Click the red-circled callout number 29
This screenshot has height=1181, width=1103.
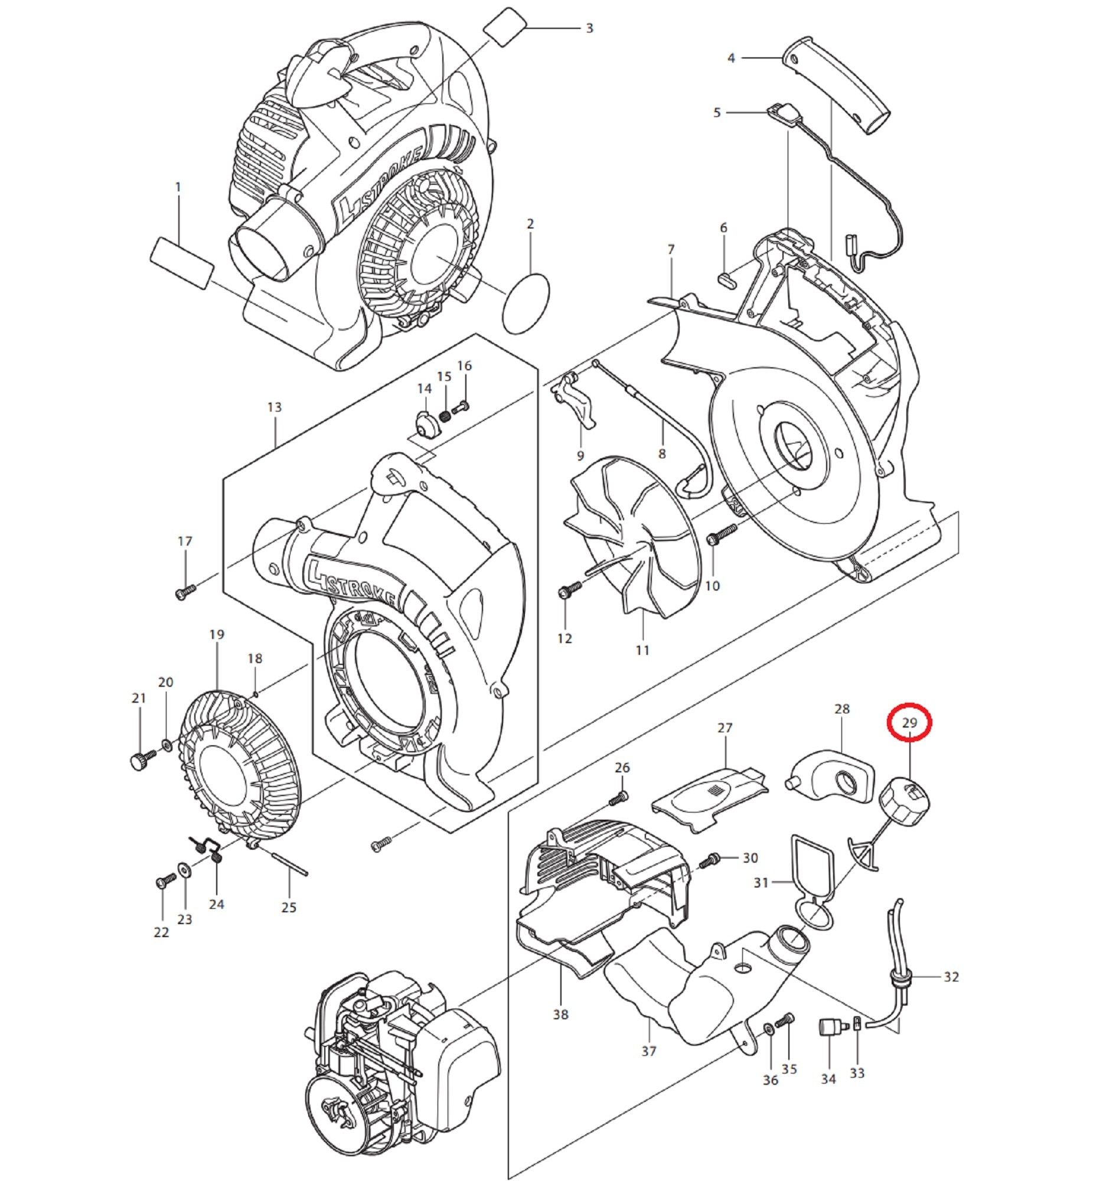click(x=909, y=723)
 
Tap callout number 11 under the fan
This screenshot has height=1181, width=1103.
click(x=642, y=651)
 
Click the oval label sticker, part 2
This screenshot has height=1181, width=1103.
click(x=526, y=304)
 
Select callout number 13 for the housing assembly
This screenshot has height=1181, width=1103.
click(x=274, y=407)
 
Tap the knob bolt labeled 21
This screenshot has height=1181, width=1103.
click(x=140, y=760)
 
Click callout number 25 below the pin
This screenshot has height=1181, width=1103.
click(x=289, y=907)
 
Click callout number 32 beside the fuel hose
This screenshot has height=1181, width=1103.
click(x=951, y=977)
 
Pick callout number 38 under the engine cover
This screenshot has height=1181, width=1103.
click(x=560, y=1014)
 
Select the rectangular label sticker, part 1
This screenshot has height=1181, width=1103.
click(x=181, y=263)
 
